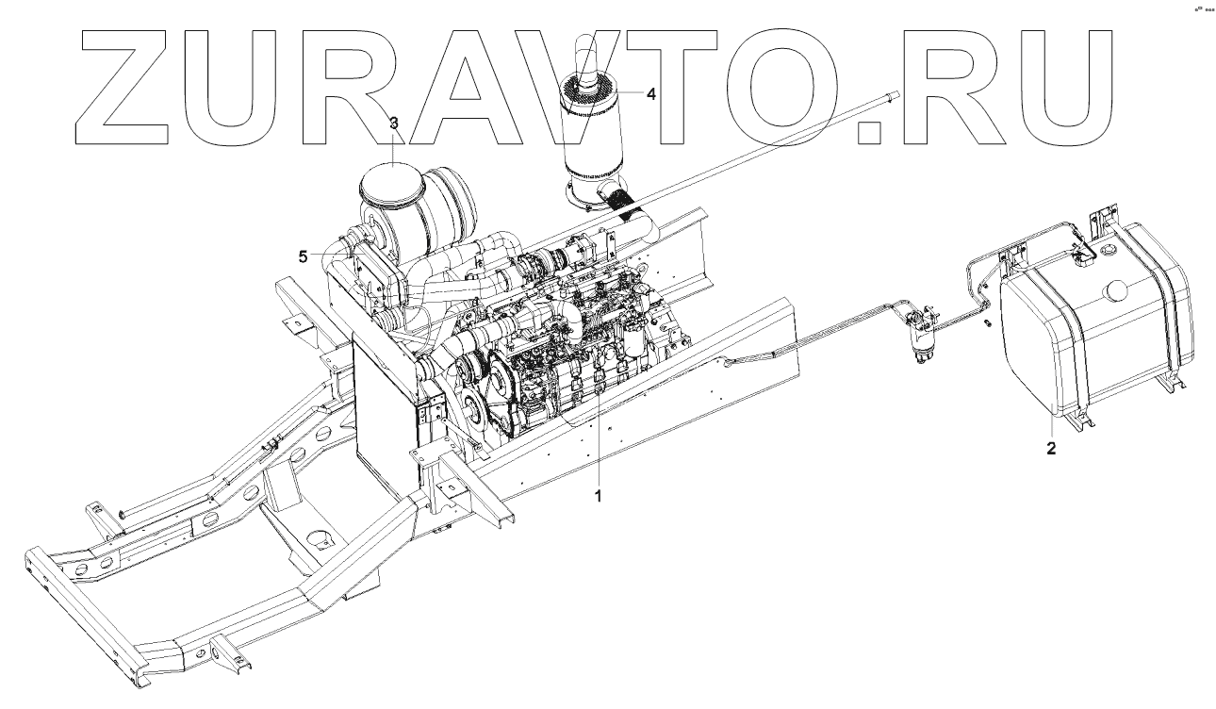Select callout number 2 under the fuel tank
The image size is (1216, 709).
(1051, 449)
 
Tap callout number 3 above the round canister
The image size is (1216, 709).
(394, 124)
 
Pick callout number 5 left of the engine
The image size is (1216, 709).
(303, 256)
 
